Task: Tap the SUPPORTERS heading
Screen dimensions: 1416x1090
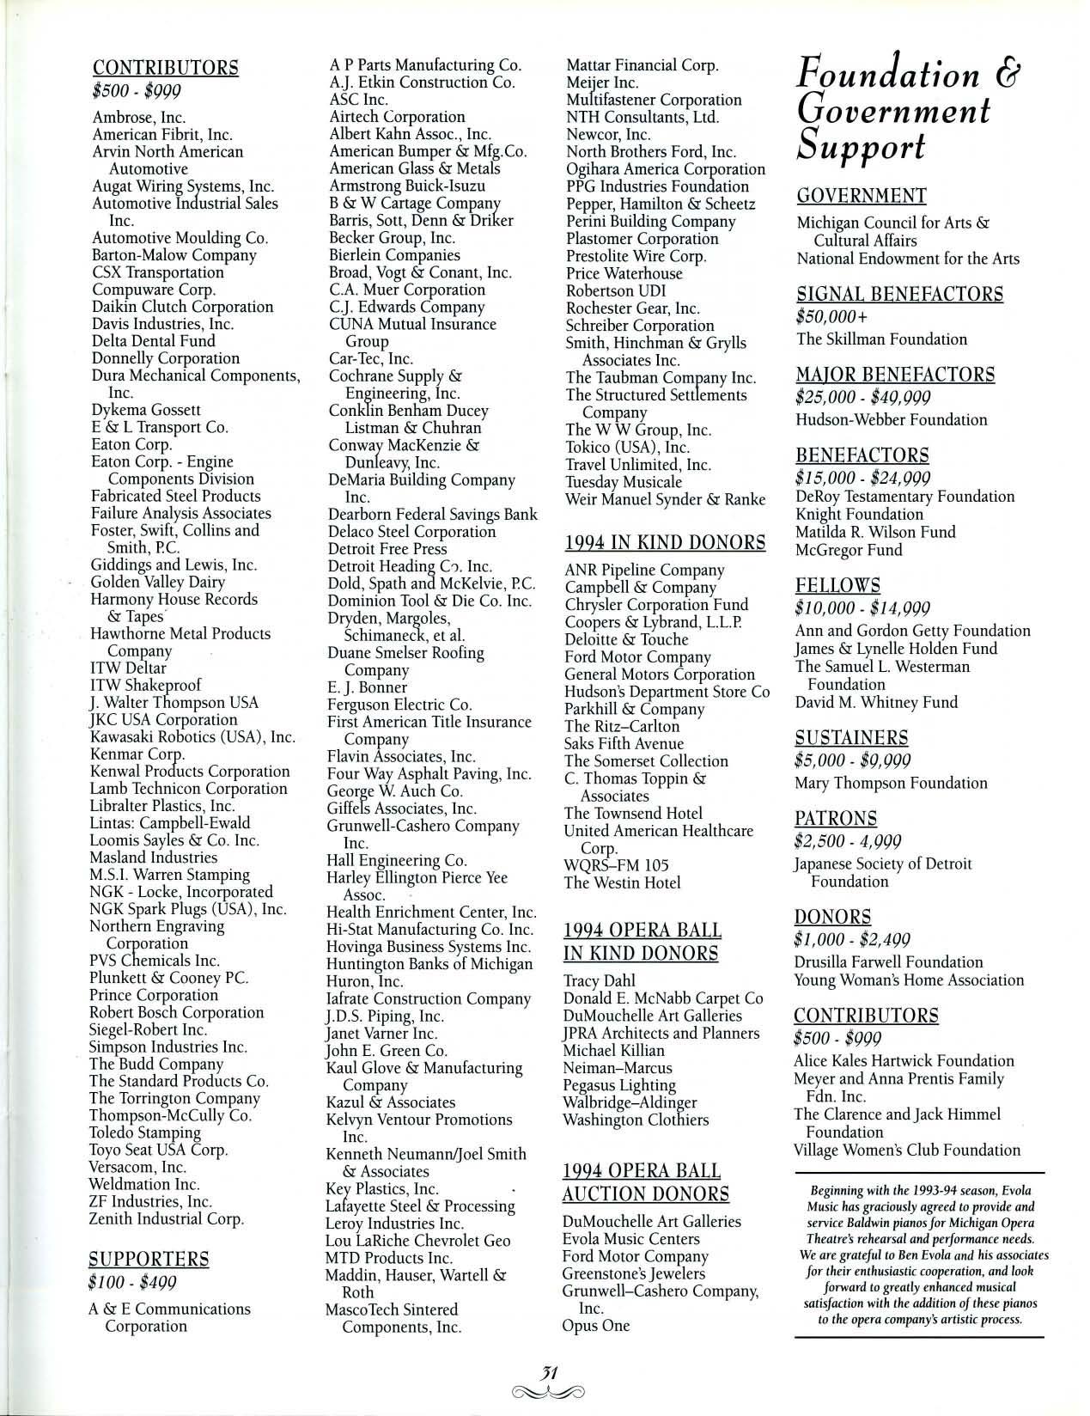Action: point(149,1260)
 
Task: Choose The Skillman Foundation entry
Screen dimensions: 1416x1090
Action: point(869,339)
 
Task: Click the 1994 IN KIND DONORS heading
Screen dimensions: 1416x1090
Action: point(664,542)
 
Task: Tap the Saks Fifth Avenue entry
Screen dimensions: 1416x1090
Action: point(624,744)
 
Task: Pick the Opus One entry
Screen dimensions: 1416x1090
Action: point(596,1325)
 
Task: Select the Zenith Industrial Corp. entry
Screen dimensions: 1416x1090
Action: point(166,1218)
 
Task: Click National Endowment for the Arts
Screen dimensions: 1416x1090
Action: point(908,259)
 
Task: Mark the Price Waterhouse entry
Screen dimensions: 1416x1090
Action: point(624,273)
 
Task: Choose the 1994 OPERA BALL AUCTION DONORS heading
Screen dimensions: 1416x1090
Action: point(645,1182)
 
